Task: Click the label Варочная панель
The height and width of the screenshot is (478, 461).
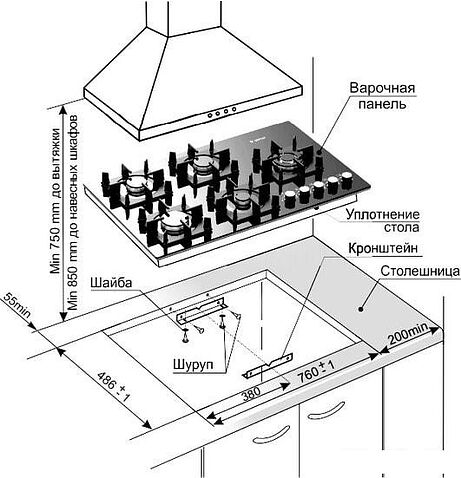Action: pyautogui.click(x=382, y=96)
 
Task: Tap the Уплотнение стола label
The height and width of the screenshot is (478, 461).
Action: pyautogui.click(x=382, y=221)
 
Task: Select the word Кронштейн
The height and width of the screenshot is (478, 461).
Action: pyautogui.click(x=383, y=248)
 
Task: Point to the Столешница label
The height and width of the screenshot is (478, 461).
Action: pyautogui.click(x=420, y=271)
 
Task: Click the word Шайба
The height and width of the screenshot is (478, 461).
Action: pyautogui.click(x=111, y=283)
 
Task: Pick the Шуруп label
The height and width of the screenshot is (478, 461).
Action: pyautogui.click(x=193, y=364)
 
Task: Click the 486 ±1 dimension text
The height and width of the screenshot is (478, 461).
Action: pyautogui.click(x=113, y=387)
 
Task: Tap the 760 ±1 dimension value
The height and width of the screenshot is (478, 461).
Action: pyautogui.click(x=316, y=371)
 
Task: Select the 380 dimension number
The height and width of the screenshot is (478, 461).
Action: pyautogui.click(x=251, y=394)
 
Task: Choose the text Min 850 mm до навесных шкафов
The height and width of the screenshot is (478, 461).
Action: pyautogui.click(x=73, y=212)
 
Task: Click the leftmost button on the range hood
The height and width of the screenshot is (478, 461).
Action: pyautogui.click(x=210, y=115)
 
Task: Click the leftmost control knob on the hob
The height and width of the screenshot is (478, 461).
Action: pyautogui.click(x=290, y=198)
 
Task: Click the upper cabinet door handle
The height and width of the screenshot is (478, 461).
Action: pyautogui.click(x=326, y=409)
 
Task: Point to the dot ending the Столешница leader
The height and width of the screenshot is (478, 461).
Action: pyautogui.click(x=360, y=309)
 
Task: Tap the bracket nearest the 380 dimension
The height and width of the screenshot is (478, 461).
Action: pyautogui.click(x=268, y=366)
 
